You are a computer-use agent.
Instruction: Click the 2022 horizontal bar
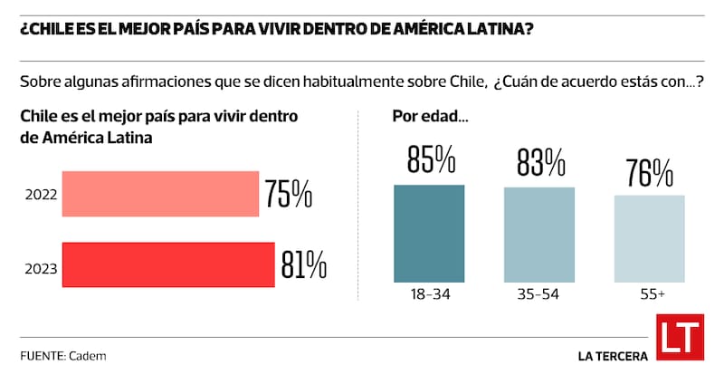tap(159, 194)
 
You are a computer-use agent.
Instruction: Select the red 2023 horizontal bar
tap(167, 264)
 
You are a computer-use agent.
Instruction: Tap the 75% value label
tap(289, 194)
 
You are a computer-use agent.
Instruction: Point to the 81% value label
tap(303, 264)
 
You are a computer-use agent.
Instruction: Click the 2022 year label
tap(41, 195)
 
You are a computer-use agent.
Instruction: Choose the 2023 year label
tap(41, 268)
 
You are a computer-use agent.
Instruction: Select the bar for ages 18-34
tap(429, 233)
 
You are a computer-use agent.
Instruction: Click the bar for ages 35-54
tap(539, 235)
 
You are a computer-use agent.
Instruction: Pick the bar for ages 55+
tap(650, 238)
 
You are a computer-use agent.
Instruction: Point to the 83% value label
tap(540, 162)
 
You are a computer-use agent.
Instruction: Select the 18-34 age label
tap(429, 295)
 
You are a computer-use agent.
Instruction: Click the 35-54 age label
tap(539, 295)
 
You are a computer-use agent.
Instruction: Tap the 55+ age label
tap(650, 295)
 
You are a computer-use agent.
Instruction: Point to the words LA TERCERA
tap(613, 356)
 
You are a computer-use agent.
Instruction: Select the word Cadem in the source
tap(87, 356)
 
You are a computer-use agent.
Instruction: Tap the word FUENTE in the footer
tap(41, 356)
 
